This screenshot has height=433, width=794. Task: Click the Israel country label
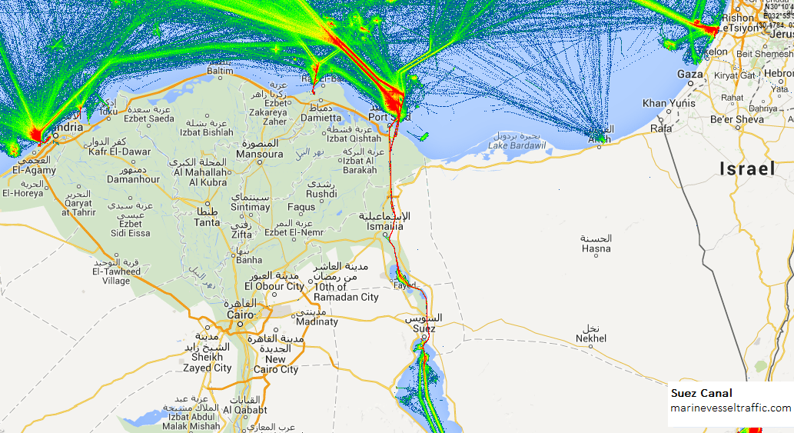click(747, 169)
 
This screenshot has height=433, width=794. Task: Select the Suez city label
click(424, 328)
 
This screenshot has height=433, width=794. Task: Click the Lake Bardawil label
click(517, 145)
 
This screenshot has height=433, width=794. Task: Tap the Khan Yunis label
click(669, 103)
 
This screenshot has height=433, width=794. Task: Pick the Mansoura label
click(259, 154)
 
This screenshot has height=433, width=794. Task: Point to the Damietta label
click(321, 118)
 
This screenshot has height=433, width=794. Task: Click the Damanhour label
click(134, 179)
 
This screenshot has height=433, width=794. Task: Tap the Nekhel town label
click(591, 338)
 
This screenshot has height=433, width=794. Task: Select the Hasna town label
click(596, 248)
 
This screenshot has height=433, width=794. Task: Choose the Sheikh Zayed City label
click(208, 362)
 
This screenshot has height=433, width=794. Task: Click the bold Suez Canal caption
click(701, 393)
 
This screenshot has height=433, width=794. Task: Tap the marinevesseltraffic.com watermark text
click(730, 408)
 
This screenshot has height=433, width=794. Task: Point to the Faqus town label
click(301, 207)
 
